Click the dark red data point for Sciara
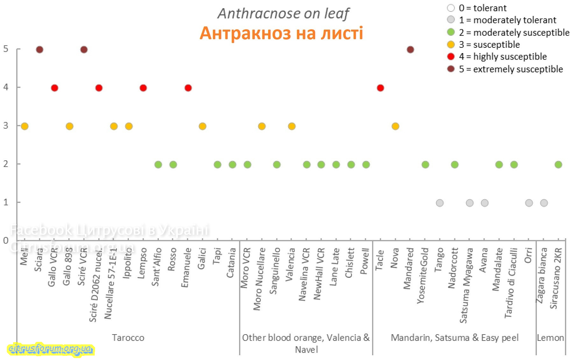tap(39, 50)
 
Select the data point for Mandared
tap(410, 50)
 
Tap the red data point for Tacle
tap(380, 88)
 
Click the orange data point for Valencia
tap(292, 126)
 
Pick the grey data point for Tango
tap(440, 203)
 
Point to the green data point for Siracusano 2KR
tap(558, 165)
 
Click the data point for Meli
tap(25, 126)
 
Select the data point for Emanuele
tap(188, 88)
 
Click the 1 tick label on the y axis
tap(6, 202)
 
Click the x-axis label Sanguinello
tap(275, 271)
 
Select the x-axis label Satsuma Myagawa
tap(466, 285)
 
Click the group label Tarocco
tap(128, 338)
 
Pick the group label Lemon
tap(550, 338)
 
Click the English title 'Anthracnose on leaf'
tap(283, 13)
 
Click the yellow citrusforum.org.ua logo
tap(50, 349)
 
